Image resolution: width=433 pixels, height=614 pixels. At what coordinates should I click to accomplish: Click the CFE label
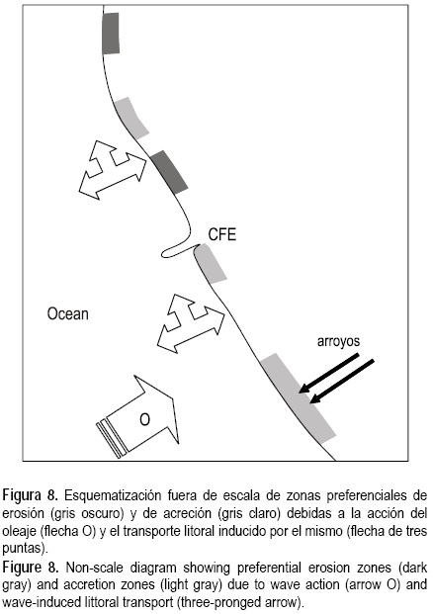[222, 234]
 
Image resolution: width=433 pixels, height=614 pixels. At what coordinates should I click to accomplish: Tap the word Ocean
[68, 314]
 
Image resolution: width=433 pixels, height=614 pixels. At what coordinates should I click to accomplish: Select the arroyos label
[338, 341]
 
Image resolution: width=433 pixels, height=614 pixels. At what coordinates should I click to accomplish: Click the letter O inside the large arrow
[145, 419]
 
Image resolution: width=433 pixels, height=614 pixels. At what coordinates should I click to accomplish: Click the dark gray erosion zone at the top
[111, 34]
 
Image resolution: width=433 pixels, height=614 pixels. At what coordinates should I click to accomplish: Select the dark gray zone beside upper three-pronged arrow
[169, 172]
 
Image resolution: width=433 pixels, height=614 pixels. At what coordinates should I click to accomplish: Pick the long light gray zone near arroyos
[298, 397]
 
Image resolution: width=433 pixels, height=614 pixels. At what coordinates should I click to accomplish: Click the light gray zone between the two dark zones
[130, 118]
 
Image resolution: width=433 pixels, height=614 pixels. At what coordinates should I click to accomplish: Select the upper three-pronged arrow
[112, 169]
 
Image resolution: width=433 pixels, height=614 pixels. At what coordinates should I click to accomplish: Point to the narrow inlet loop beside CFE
[177, 250]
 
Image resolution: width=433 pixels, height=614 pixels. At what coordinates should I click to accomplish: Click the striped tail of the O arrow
[112, 439]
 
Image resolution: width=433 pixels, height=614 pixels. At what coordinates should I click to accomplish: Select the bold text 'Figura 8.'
[30, 495]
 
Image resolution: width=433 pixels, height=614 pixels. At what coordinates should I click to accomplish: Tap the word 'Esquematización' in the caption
[113, 495]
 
